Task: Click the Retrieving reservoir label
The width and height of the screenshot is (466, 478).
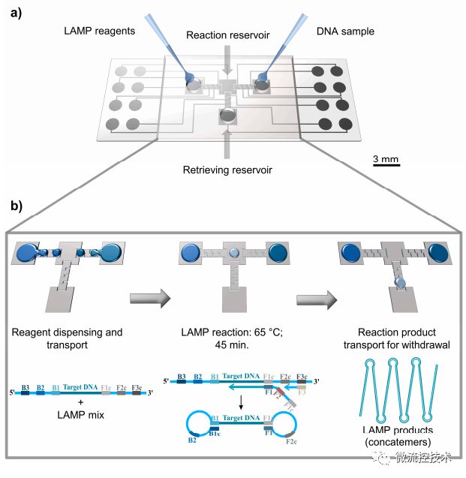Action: [x=227, y=170]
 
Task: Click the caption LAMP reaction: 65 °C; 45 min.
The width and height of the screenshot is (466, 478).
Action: [x=233, y=337]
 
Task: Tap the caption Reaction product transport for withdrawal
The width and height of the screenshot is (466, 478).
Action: [x=392, y=337]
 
